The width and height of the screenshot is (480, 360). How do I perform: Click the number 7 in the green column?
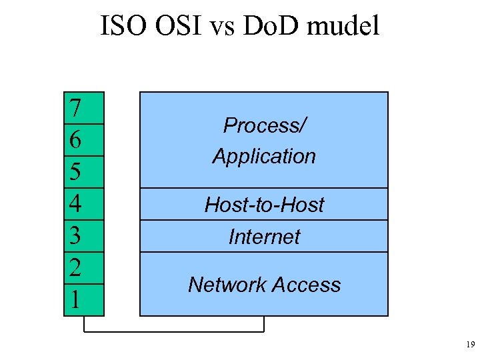pyautogui.click(x=76, y=108)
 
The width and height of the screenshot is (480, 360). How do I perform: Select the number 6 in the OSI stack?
pyautogui.click(x=76, y=140)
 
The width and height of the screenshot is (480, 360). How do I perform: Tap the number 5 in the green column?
pyautogui.click(x=76, y=172)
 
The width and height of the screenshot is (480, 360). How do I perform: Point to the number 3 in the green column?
pyautogui.click(x=76, y=236)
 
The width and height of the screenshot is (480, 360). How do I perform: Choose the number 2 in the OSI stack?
pyautogui.click(x=76, y=268)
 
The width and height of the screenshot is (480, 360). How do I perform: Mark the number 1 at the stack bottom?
pyautogui.click(x=76, y=300)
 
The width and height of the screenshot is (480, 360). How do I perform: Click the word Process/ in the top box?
pyautogui.click(x=264, y=125)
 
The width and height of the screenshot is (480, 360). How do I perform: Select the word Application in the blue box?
pyautogui.click(x=264, y=157)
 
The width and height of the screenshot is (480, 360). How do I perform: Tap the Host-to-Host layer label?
pyautogui.click(x=264, y=205)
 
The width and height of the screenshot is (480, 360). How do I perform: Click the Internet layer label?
pyautogui.click(x=264, y=237)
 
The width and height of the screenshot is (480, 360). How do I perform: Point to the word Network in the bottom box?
pyautogui.click(x=225, y=285)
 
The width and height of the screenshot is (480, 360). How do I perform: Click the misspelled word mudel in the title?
pyautogui.click(x=346, y=27)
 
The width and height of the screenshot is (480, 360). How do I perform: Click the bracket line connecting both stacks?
pyautogui.click(x=173, y=331)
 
